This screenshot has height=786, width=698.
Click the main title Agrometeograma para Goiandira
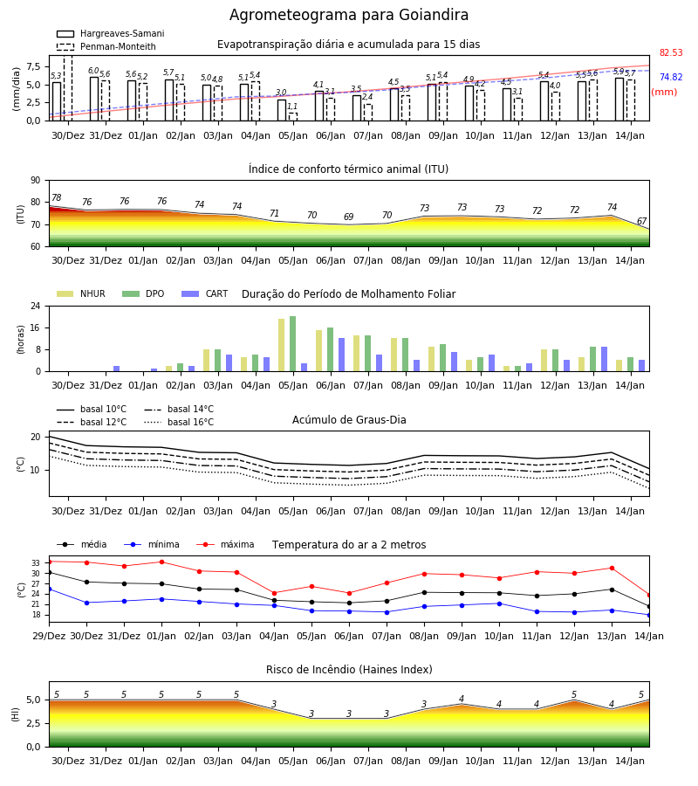(x=349, y=15)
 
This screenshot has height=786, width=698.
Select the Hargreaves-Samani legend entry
(x=111, y=33)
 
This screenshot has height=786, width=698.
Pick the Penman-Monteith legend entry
(x=106, y=46)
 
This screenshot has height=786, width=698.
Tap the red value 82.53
(x=671, y=52)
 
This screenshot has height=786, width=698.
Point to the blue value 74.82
(x=671, y=77)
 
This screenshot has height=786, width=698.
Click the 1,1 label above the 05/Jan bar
(x=292, y=107)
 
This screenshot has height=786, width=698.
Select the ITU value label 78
(x=57, y=197)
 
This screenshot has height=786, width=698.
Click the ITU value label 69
(x=348, y=217)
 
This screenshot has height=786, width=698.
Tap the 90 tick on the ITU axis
(x=36, y=181)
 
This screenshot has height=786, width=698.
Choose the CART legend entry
(x=205, y=293)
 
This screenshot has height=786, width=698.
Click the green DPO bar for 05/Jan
(x=293, y=344)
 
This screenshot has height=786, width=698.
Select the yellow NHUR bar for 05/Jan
(x=282, y=345)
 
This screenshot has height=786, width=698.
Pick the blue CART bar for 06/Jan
(x=341, y=355)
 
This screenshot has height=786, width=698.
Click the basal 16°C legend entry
(x=179, y=422)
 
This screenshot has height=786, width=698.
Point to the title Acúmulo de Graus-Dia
(x=349, y=419)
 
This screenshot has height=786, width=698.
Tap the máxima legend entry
(x=226, y=544)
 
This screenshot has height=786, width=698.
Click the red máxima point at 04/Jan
(x=274, y=593)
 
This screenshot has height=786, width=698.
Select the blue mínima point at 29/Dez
(x=49, y=589)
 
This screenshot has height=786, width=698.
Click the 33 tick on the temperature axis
(x=36, y=563)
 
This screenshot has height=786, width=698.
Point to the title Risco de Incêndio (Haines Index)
(x=349, y=669)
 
